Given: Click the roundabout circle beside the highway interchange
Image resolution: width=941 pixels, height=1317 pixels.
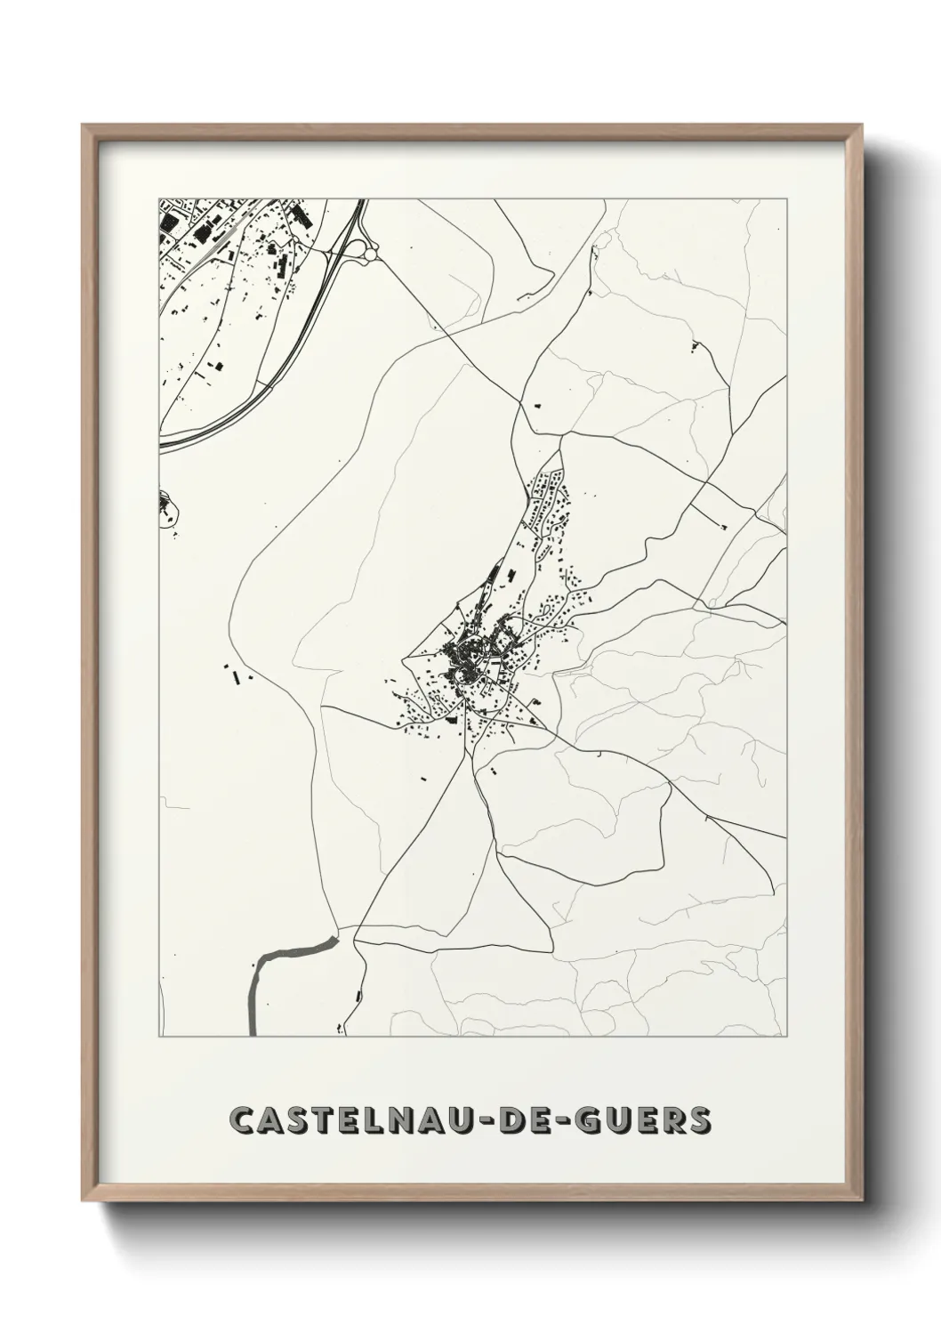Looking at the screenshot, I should (x=370, y=255).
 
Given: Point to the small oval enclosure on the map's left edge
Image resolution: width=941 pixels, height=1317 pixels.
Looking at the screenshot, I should (x=167, y=507).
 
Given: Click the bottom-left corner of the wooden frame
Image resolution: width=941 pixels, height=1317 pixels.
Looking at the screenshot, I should (x=84, y=1197).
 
